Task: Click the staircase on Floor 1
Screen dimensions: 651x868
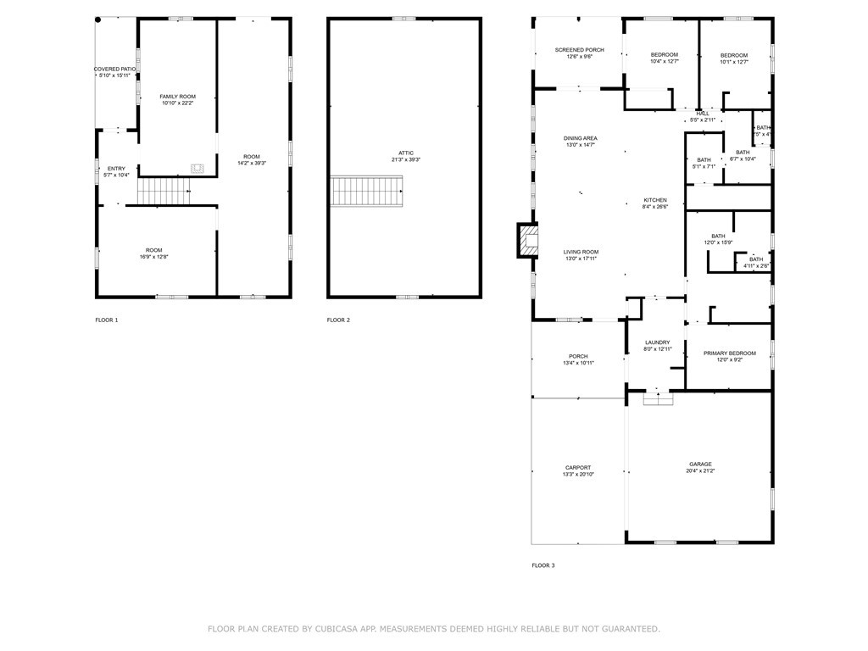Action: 164,192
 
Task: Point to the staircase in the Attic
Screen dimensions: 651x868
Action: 366,191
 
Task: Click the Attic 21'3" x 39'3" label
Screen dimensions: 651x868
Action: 406,156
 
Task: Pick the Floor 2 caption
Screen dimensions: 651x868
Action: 338,320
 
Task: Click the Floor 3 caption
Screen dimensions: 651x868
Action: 543,565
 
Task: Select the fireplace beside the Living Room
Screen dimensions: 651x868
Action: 528,239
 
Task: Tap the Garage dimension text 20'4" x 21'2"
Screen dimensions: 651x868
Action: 700,472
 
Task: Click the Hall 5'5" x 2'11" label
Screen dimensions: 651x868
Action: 703,116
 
